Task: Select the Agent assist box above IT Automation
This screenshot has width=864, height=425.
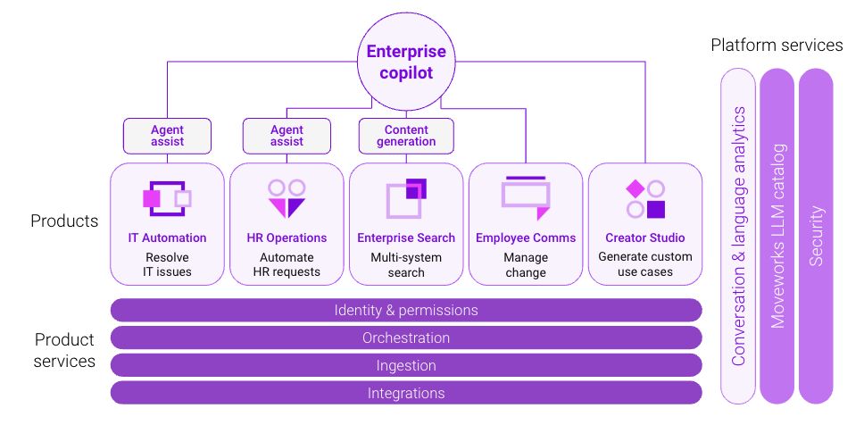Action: click(x=167, y=136)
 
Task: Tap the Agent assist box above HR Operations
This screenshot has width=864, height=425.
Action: click(x=287, y=136)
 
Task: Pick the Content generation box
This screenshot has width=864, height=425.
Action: click(x=406, y=136)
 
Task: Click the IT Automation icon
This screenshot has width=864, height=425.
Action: click(x=167, y=198)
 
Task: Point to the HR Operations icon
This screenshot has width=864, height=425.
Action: click(x=287, y=198)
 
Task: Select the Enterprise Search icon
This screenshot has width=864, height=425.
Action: click(x=406, y=198)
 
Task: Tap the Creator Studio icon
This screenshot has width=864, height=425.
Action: click(x=645, y=198)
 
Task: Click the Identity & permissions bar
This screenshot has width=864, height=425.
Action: click(x=406, y=310)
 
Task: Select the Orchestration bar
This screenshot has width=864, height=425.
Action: click(x=406, y=337)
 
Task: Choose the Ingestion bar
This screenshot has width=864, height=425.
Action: click(x=406, y=365)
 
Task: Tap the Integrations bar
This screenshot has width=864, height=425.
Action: click(x=406, y=393)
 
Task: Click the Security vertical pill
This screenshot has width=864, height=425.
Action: click(x=816, y=236)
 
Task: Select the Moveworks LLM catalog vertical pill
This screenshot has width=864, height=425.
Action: click(x=777, y=236)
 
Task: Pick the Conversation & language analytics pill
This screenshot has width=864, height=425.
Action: click(x=738, y=236)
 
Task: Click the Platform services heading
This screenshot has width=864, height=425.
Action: click(x=777, y=45)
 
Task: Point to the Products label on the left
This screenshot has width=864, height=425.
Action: click(x=64, y=221)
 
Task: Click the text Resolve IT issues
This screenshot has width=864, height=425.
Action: click(x=168, y=264)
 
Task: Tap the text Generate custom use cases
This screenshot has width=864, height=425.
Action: click(x=645, y=264)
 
